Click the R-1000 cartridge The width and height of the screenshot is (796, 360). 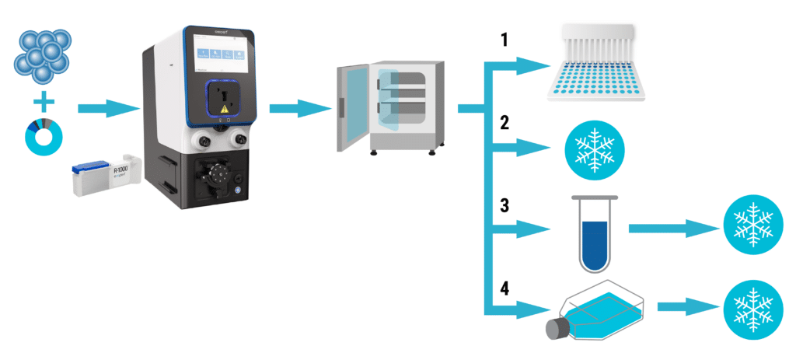[x=104, y=177]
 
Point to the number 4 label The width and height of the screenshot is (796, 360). [x=504, y=289]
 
